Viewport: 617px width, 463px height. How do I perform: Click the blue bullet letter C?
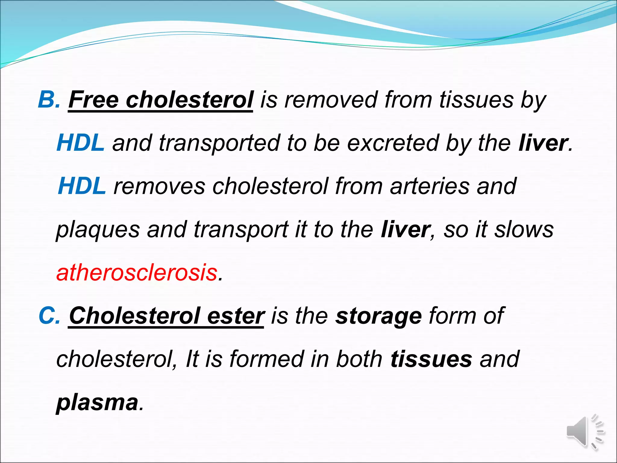tap(48, 316)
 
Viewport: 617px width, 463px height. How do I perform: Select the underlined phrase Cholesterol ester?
tap(167, 316)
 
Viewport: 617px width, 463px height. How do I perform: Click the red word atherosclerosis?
tap(137, 272)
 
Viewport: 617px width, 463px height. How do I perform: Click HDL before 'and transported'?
tap(80, 143)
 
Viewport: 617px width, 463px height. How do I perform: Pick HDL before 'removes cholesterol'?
tap(82, 186)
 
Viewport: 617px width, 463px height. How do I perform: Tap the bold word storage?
tap(378, 316)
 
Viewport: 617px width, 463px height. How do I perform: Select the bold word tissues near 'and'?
tap(431, 359)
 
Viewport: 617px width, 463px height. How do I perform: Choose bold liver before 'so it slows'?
tap(405, 229)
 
